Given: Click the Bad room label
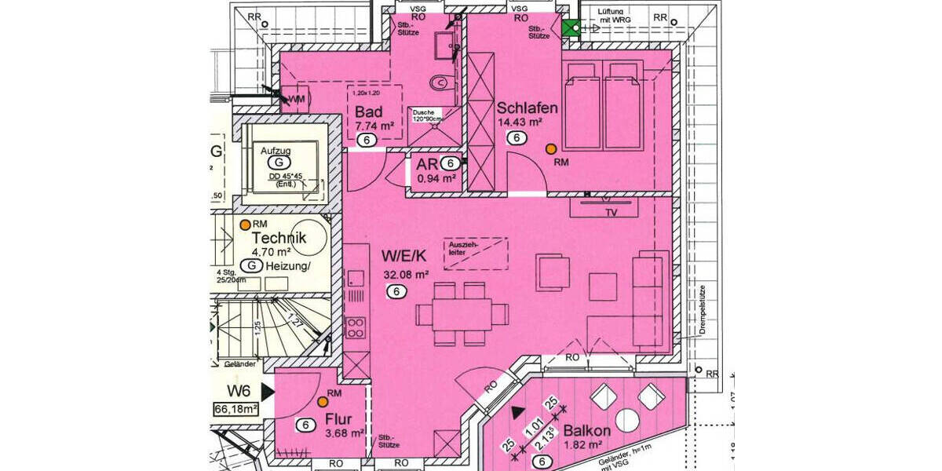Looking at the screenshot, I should (x=368, y=111).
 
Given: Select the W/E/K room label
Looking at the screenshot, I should (x=404, y=256).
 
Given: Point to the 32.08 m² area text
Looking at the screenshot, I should (x=406, y=275).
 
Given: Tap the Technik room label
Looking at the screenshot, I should (x=279, y=238).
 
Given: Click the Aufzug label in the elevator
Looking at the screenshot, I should (x=276, y=149).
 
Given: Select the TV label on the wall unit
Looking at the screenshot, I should (x=608, y=212).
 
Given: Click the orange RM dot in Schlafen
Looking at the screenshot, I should (x=551, y=148).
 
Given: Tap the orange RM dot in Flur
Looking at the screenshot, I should (x=323, y=401).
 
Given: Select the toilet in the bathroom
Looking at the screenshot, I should (x=441, y=81).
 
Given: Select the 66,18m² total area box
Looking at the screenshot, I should (x=235, y=409).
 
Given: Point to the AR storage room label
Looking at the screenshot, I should (x=426, y=165).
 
